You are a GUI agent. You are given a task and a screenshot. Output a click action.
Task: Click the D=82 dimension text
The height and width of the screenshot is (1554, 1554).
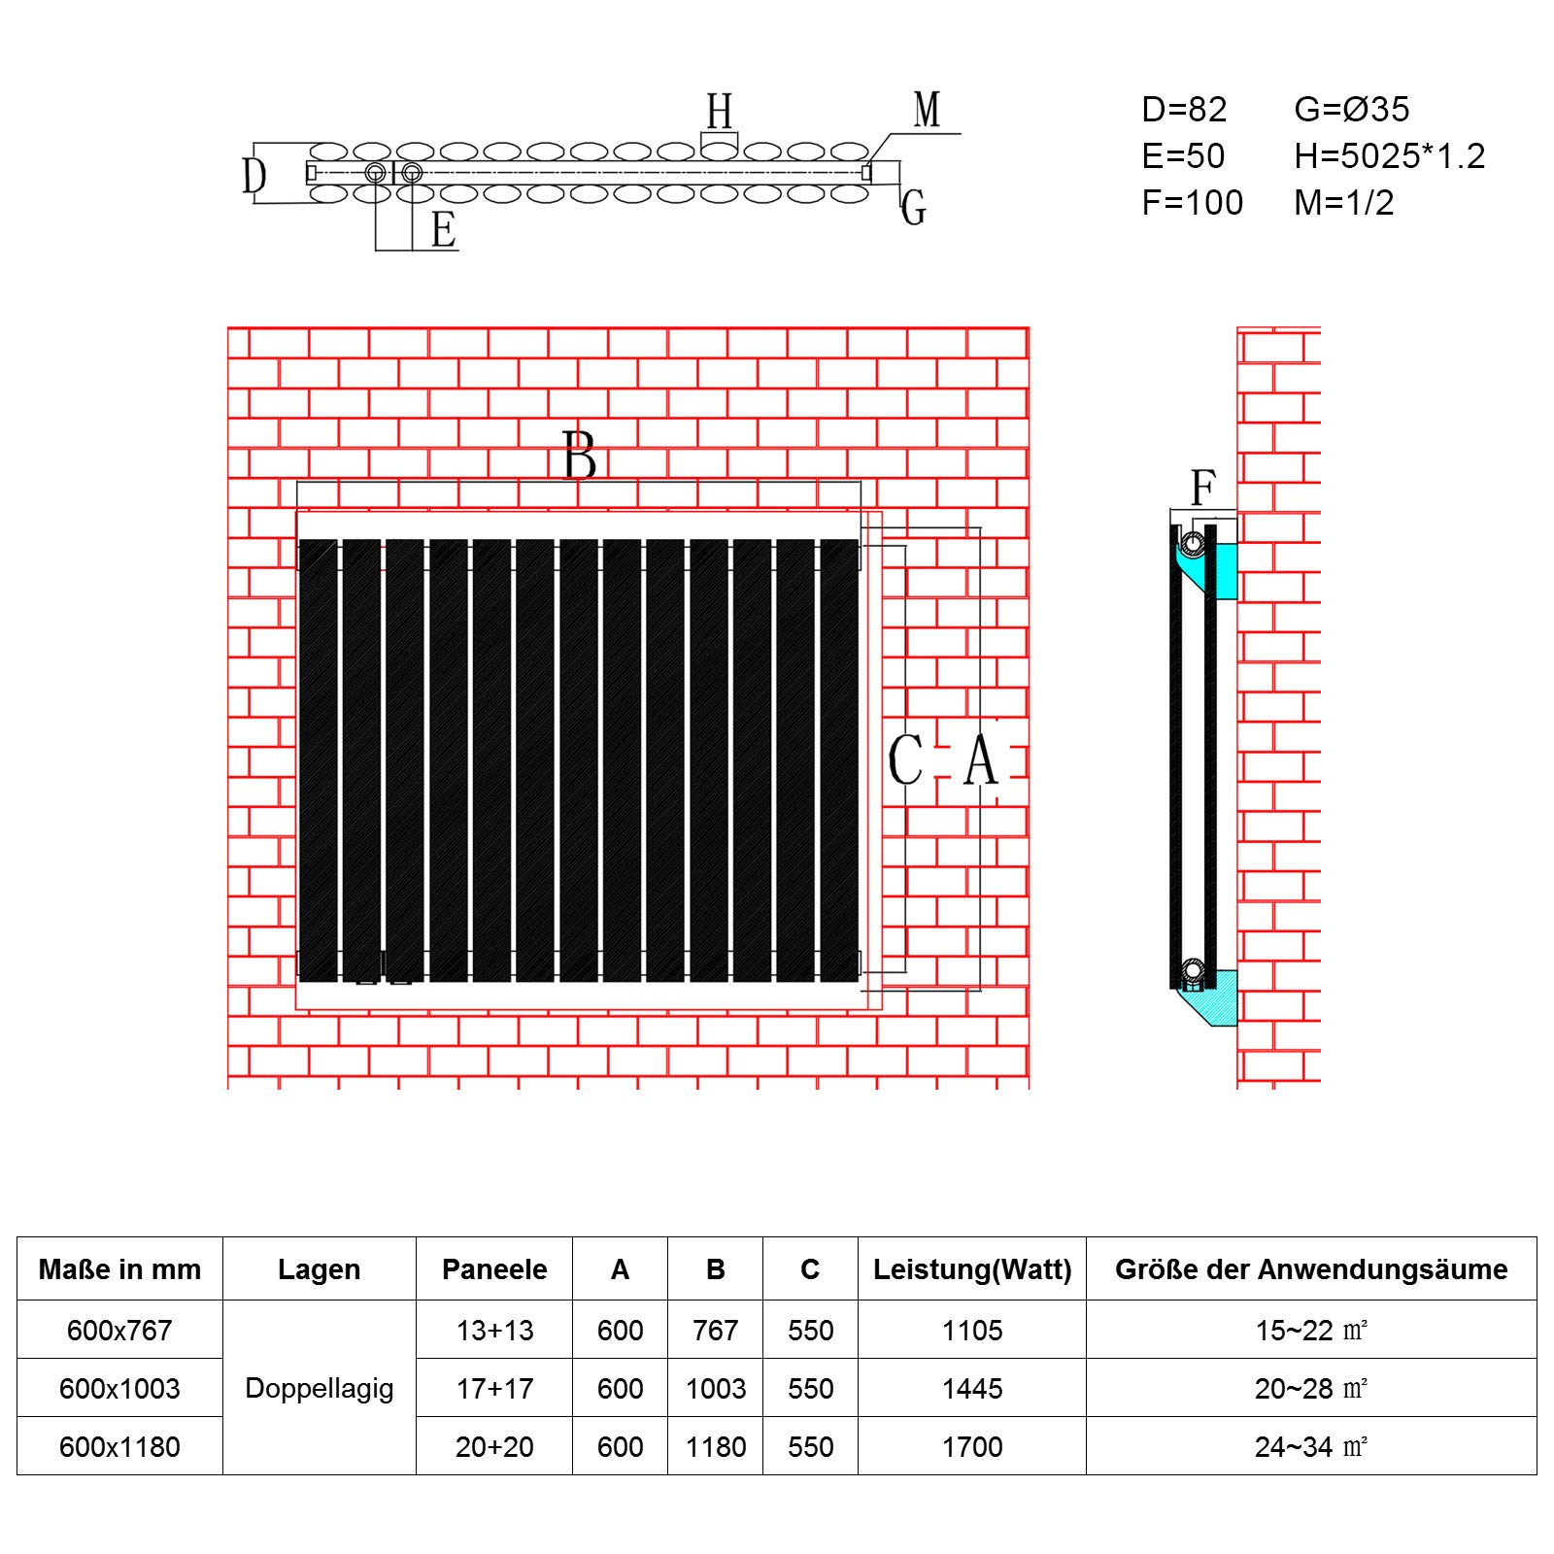click(1184, 110)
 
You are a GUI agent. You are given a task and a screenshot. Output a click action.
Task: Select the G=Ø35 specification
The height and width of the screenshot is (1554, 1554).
click(1351, 110)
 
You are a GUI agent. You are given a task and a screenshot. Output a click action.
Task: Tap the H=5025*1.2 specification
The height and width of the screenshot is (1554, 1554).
click(1390, 156)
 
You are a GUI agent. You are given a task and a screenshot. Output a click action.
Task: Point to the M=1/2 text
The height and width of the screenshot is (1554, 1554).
click(1344, 203)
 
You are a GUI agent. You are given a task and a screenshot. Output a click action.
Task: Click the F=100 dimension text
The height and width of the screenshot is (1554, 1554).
click(1193, 203)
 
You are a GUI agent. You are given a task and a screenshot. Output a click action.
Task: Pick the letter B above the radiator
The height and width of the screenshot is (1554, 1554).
click(580, 455)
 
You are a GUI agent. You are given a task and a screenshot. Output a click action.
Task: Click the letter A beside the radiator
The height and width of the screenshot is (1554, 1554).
click(981, 760)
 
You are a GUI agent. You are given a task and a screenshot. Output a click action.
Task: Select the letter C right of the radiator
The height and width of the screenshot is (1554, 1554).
click(906, 760)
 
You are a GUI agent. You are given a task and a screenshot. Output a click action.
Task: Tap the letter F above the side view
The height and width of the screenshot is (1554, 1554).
click(1203, 488)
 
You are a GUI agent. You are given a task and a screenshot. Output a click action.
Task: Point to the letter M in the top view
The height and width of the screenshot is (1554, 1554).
click(928, 110)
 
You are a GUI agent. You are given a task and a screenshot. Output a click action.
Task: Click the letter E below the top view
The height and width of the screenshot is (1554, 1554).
click(444, 230)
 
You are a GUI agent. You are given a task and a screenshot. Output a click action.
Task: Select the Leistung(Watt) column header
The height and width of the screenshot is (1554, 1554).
click(972, 1269)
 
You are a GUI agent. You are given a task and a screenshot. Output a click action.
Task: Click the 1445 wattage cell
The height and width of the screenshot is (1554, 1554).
click(972, 1388)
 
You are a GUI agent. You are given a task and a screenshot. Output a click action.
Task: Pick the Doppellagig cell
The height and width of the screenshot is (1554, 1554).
click(320, 1388)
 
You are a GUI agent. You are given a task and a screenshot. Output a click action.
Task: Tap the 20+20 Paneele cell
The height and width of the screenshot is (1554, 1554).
click(494, 1446)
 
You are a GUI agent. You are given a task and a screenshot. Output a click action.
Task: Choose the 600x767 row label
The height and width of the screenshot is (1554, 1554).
click(119, 1330)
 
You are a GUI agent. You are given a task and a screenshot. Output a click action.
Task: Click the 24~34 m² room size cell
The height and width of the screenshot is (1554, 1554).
click(1311, 1446)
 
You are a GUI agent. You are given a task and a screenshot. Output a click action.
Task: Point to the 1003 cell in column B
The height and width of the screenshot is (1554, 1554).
click(716, 1388)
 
